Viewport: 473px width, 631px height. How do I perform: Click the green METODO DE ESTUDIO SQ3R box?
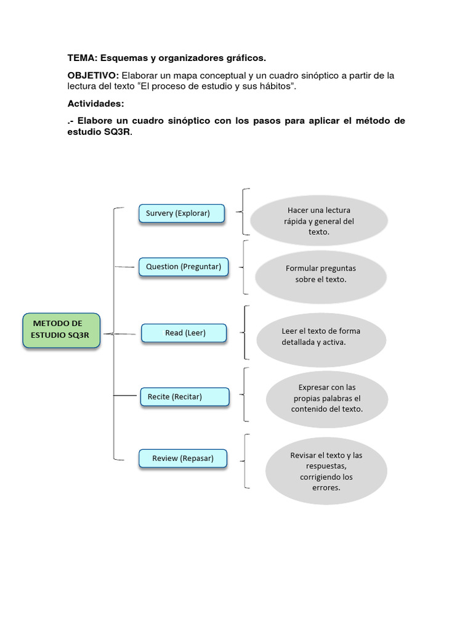point(61,330)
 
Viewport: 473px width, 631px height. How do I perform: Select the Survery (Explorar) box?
point(181,213)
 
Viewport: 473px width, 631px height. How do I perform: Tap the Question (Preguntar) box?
point(184,267)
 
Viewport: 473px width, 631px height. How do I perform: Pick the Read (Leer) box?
point(184,333)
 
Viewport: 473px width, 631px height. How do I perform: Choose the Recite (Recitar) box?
point(184,397)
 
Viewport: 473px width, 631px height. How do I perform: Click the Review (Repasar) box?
point(183,458)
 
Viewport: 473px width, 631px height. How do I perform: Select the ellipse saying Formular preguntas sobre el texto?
point(320,274)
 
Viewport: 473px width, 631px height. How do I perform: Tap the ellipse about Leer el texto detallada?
point(321,336)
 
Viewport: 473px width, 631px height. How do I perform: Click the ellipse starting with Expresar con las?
point(326,398)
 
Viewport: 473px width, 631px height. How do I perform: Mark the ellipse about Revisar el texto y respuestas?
point(326,471)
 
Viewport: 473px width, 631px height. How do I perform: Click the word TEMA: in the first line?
point(83,58)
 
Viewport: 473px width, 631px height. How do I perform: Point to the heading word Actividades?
point(95,104)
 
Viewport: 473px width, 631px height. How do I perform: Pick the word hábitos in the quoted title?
point(274,86)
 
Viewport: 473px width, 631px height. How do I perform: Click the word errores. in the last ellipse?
point(326,488)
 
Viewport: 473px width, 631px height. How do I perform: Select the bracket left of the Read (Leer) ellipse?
point(246,333)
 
